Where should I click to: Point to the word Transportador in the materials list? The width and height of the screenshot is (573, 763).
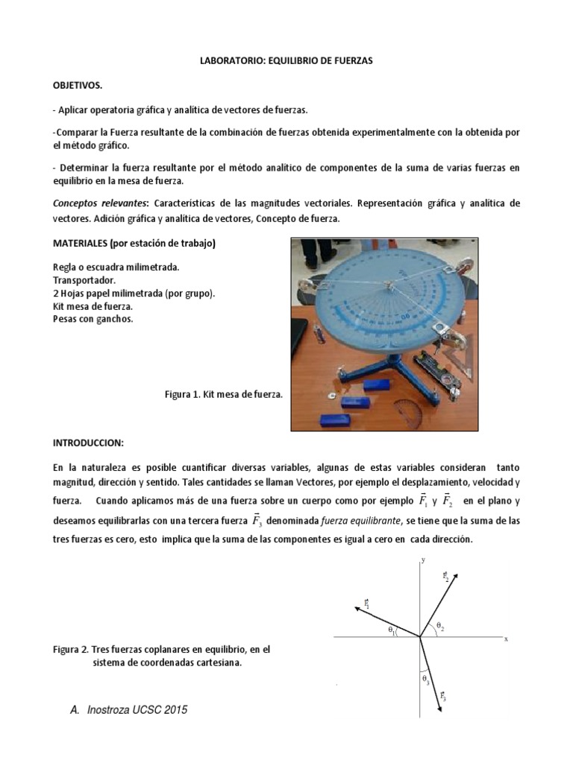pos(84,280)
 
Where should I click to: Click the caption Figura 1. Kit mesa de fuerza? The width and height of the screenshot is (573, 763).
pos(223,394)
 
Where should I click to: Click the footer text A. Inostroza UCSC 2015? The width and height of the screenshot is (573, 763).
pos(128,710)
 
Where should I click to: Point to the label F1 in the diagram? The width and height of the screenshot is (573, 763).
pos(366,604)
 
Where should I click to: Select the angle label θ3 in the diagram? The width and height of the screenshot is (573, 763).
pos(425,679)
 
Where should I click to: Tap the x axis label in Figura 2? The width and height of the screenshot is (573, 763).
pos(505,639)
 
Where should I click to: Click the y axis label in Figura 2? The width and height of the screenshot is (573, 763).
pos(423,560)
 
